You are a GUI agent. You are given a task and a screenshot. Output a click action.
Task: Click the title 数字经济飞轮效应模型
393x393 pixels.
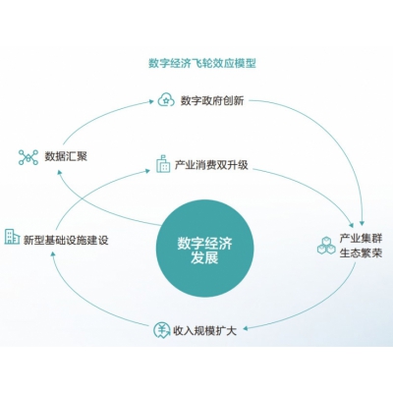[202, 63]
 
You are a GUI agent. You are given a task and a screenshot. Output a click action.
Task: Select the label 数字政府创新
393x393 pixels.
[212, 100]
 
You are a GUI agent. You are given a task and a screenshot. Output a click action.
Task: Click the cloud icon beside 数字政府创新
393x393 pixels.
[166, 100]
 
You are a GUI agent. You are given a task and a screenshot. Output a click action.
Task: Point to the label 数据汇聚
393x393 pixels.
[66, 156]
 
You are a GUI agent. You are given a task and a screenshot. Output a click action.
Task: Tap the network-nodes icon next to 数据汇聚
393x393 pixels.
[28, 157]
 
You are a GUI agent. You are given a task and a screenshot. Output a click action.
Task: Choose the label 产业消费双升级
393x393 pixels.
[211, 165]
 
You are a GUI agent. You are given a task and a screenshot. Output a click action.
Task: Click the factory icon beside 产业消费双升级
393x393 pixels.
[163, 164]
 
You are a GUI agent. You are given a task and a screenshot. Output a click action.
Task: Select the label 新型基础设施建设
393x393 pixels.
[66, 240]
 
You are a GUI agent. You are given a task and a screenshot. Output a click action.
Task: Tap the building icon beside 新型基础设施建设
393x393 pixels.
[12, 237]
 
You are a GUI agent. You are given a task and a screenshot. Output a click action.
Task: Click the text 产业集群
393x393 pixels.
[361, 238]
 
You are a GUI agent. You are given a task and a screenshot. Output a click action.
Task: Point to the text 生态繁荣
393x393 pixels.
[361, 253]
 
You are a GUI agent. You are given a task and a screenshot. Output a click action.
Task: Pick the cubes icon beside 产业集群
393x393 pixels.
[326, 246]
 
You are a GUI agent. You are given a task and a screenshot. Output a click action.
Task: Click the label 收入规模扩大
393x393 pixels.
[204, 331]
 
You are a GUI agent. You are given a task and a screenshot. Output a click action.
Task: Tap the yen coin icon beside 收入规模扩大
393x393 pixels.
[162, 330]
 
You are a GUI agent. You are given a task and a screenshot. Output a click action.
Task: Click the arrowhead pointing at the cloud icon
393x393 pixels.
[151, 101]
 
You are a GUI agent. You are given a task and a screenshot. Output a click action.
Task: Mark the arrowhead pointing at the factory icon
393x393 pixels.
[148, 170]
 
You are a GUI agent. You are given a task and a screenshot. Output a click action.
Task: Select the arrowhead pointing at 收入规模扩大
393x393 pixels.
[245, 328]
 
